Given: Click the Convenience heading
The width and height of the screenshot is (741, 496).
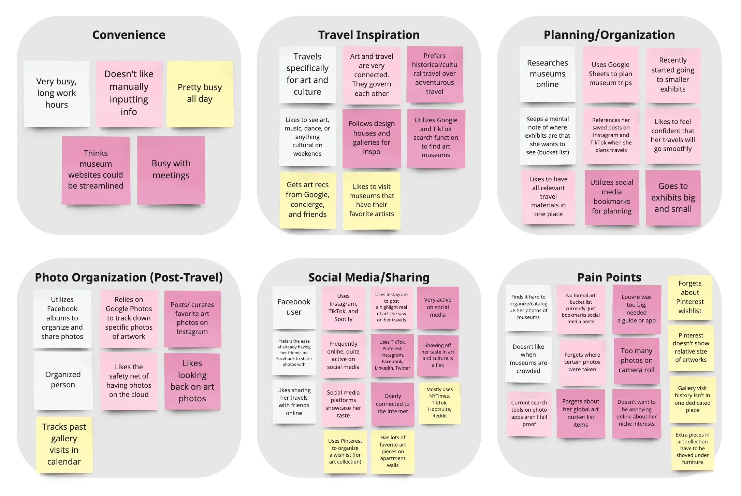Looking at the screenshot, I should pos(129,35).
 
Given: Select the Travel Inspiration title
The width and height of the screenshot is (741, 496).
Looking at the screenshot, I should pos(368,35).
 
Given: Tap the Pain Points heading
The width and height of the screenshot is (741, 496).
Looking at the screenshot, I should pos(609,277).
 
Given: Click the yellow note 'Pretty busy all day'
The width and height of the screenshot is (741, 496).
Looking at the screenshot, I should pos(200,93).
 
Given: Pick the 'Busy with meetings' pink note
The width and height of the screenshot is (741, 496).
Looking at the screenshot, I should pos(171,170).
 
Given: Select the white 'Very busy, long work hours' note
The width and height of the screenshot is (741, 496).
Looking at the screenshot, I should pos(57,93).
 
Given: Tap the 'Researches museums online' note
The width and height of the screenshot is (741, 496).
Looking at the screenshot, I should pos(547,74).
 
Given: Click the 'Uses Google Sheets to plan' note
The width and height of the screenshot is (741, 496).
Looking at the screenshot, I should pos(610,74).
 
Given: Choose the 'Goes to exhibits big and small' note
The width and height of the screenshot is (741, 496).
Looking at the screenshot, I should pos(673,197).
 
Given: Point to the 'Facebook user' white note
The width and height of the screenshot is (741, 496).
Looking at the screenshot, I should pos(294,307).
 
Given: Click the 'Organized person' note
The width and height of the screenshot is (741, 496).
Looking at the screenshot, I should pos(63,380).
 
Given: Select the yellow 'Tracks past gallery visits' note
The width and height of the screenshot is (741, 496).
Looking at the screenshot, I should pos(64,444).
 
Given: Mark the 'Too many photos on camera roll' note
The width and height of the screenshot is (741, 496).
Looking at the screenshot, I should pos(636,360).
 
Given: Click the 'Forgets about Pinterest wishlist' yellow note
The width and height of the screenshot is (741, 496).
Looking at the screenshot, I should pos(690,297).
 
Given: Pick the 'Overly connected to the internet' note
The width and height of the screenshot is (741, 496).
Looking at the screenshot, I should pos(392,404).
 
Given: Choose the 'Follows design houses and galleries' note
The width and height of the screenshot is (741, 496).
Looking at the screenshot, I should pos(371,138).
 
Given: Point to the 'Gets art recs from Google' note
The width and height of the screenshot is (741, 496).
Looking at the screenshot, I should pos(307,200).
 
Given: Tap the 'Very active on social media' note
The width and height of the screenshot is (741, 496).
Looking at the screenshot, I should pos(438,307).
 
